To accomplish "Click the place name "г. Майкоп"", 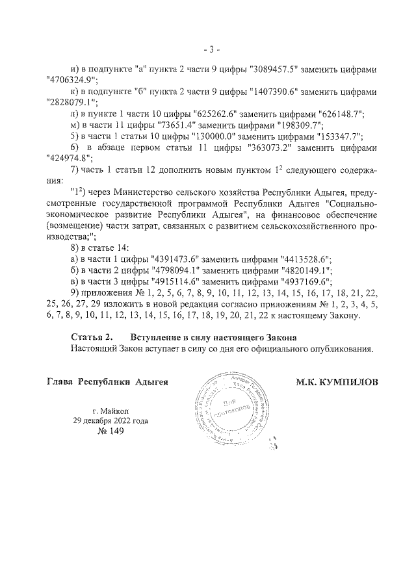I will [112, 410].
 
